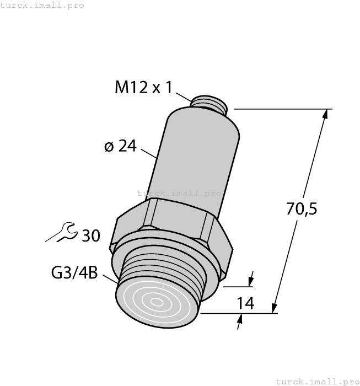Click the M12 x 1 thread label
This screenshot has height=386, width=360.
[x=143, y=88]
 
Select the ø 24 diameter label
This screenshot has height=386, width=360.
[x=120, y=146]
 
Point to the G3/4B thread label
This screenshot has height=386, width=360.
[x=74, y=272]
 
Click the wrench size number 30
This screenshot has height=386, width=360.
[x=91, y=236]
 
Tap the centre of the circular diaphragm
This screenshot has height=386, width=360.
[x=157, y=302]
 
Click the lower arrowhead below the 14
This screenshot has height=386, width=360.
[x=240, y=319]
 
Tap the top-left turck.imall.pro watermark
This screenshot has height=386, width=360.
[x=42, y=5]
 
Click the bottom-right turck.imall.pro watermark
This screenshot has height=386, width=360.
[x=316, y=381]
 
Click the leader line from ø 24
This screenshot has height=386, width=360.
[x=149, y=153]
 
